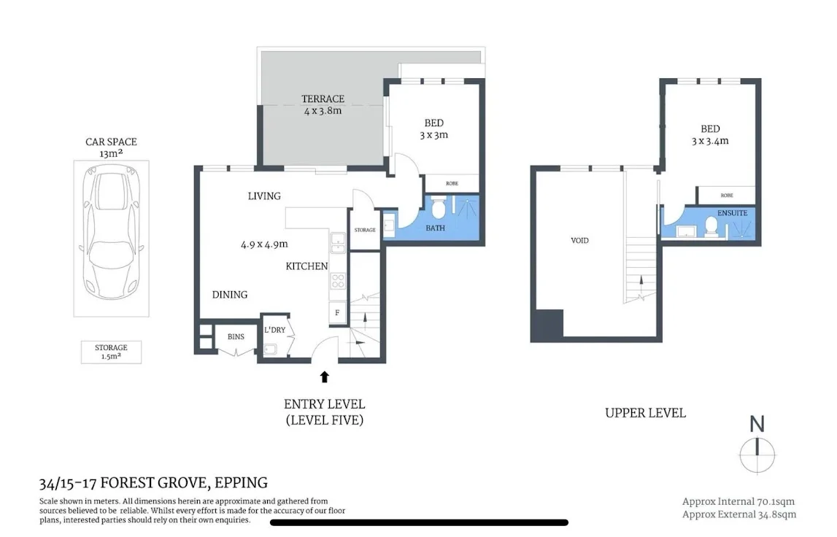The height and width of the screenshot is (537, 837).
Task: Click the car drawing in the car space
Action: pos(112,238)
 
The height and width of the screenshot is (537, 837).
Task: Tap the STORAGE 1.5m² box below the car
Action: pos(111,352)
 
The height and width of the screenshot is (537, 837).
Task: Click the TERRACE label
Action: pos(323,99)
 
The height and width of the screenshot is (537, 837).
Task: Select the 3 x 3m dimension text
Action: pos(433,135)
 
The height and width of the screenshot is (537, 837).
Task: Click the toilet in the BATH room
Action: pos(439,210)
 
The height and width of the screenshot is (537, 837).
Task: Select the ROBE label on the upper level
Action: pos(726,196)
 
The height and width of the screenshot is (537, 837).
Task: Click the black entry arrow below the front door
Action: pos(325,376)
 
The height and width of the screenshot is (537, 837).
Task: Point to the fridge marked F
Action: pos(337,313)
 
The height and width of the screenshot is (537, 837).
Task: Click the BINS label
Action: pos(236,337)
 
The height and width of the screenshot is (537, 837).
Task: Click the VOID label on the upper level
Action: pos(580,240)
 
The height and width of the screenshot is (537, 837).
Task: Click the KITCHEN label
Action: pos(306,266)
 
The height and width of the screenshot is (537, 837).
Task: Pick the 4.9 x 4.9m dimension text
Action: pos(264,244)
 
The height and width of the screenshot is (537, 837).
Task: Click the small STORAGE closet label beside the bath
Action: pos(365,230)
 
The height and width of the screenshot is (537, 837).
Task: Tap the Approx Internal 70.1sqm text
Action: pos(738,501)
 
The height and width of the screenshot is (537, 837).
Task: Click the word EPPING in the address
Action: pos(242,482)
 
